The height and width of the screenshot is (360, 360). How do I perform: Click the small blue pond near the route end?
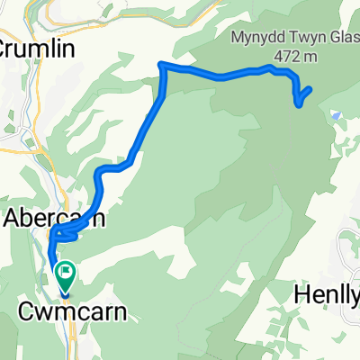[x=335, y=115]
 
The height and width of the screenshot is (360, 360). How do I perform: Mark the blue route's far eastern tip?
[x=310, y=88]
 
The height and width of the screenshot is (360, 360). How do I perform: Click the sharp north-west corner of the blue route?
[x=160, y=64]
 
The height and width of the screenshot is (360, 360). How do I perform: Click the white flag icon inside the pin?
[x=67, y=269]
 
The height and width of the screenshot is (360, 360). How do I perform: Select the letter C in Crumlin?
[x=6, y=47]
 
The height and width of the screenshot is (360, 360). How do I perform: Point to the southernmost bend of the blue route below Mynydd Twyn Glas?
[x=299, y=106]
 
